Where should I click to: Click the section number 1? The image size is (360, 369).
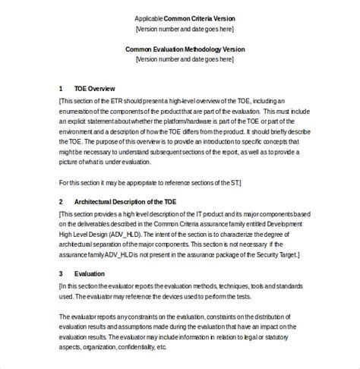61,88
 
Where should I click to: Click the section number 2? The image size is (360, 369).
61,201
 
